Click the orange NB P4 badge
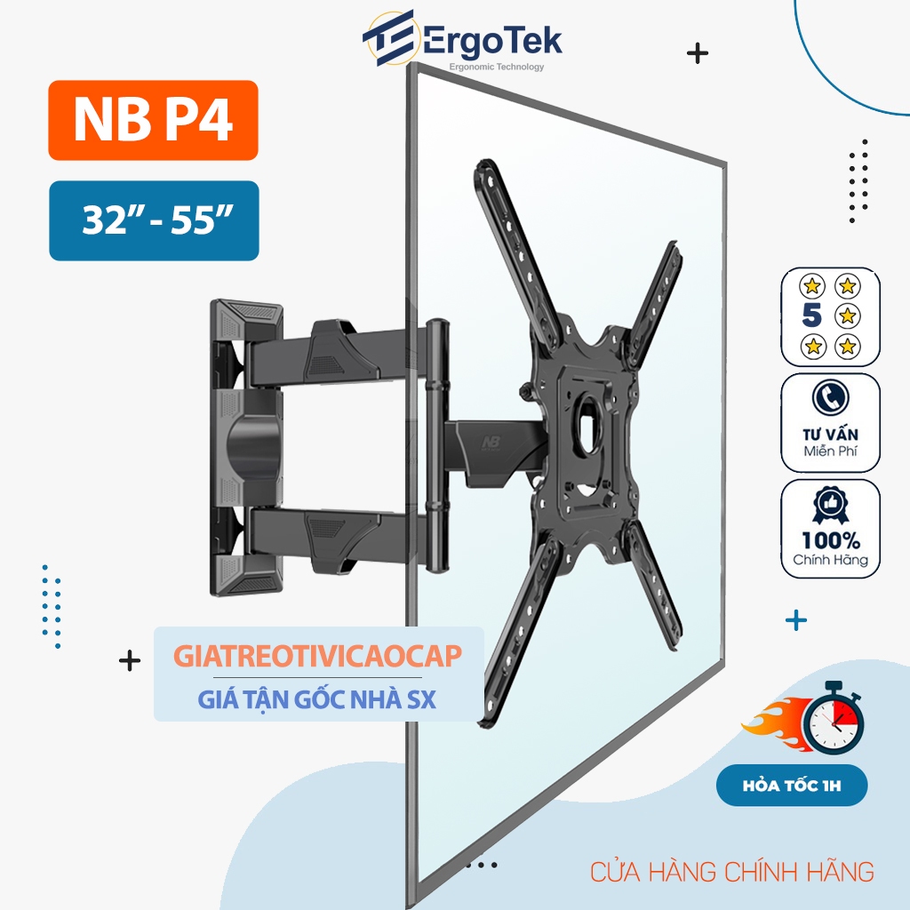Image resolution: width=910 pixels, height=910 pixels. [x=153, y=121]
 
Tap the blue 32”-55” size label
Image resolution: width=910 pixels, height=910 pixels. [x=154, y=220]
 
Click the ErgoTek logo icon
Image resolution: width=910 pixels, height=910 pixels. [x=388, y=40]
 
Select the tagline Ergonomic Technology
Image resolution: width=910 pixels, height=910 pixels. [x=497, y=67]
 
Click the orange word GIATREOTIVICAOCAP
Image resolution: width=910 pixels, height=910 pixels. [x=317, y=657]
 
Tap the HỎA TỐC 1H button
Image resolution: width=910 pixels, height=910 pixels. [x=791, y=786]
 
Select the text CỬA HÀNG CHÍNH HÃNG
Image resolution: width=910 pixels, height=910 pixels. [x=731, y=871]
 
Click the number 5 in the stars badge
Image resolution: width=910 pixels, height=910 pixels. [x=810, y=315]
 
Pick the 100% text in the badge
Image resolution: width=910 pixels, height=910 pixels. [x=830, y=540]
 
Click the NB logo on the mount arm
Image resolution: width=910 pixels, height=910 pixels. [x=490, y=442]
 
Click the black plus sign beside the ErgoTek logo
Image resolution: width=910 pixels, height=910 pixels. [x=698, y=53]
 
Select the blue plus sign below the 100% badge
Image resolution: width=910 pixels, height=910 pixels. [x=797, y=620]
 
